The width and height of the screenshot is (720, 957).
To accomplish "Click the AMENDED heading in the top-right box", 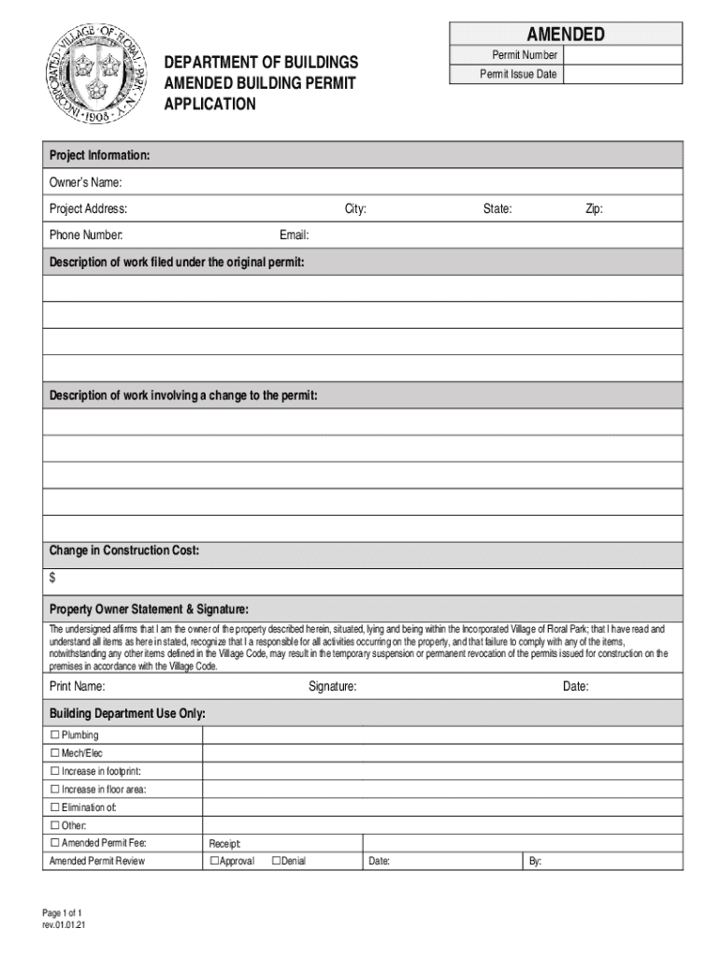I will click(566, 35).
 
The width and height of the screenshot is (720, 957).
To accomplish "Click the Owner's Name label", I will click(86, 181).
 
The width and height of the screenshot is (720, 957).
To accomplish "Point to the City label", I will click(354, 208).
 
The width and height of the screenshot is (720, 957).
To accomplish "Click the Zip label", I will click(594, 208).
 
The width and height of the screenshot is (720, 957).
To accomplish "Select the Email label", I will click(294, 235).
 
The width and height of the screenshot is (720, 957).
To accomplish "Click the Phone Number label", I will click(86, 235).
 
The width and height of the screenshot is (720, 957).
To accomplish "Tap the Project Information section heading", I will click(99, 154).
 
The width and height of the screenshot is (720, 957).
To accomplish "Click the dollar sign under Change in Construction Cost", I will click(52, 578).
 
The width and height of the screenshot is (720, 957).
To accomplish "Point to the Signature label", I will click(332, 687).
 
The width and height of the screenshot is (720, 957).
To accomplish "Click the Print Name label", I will click(77, 687).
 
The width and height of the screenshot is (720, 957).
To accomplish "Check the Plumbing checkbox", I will click(55, 735).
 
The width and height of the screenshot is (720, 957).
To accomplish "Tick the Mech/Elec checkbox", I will click(55, 752).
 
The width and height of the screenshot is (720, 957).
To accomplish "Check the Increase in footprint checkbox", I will click(55, 771).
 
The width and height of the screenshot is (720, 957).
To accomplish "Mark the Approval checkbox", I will click(215, 861).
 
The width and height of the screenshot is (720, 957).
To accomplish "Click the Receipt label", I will click(225, 843).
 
